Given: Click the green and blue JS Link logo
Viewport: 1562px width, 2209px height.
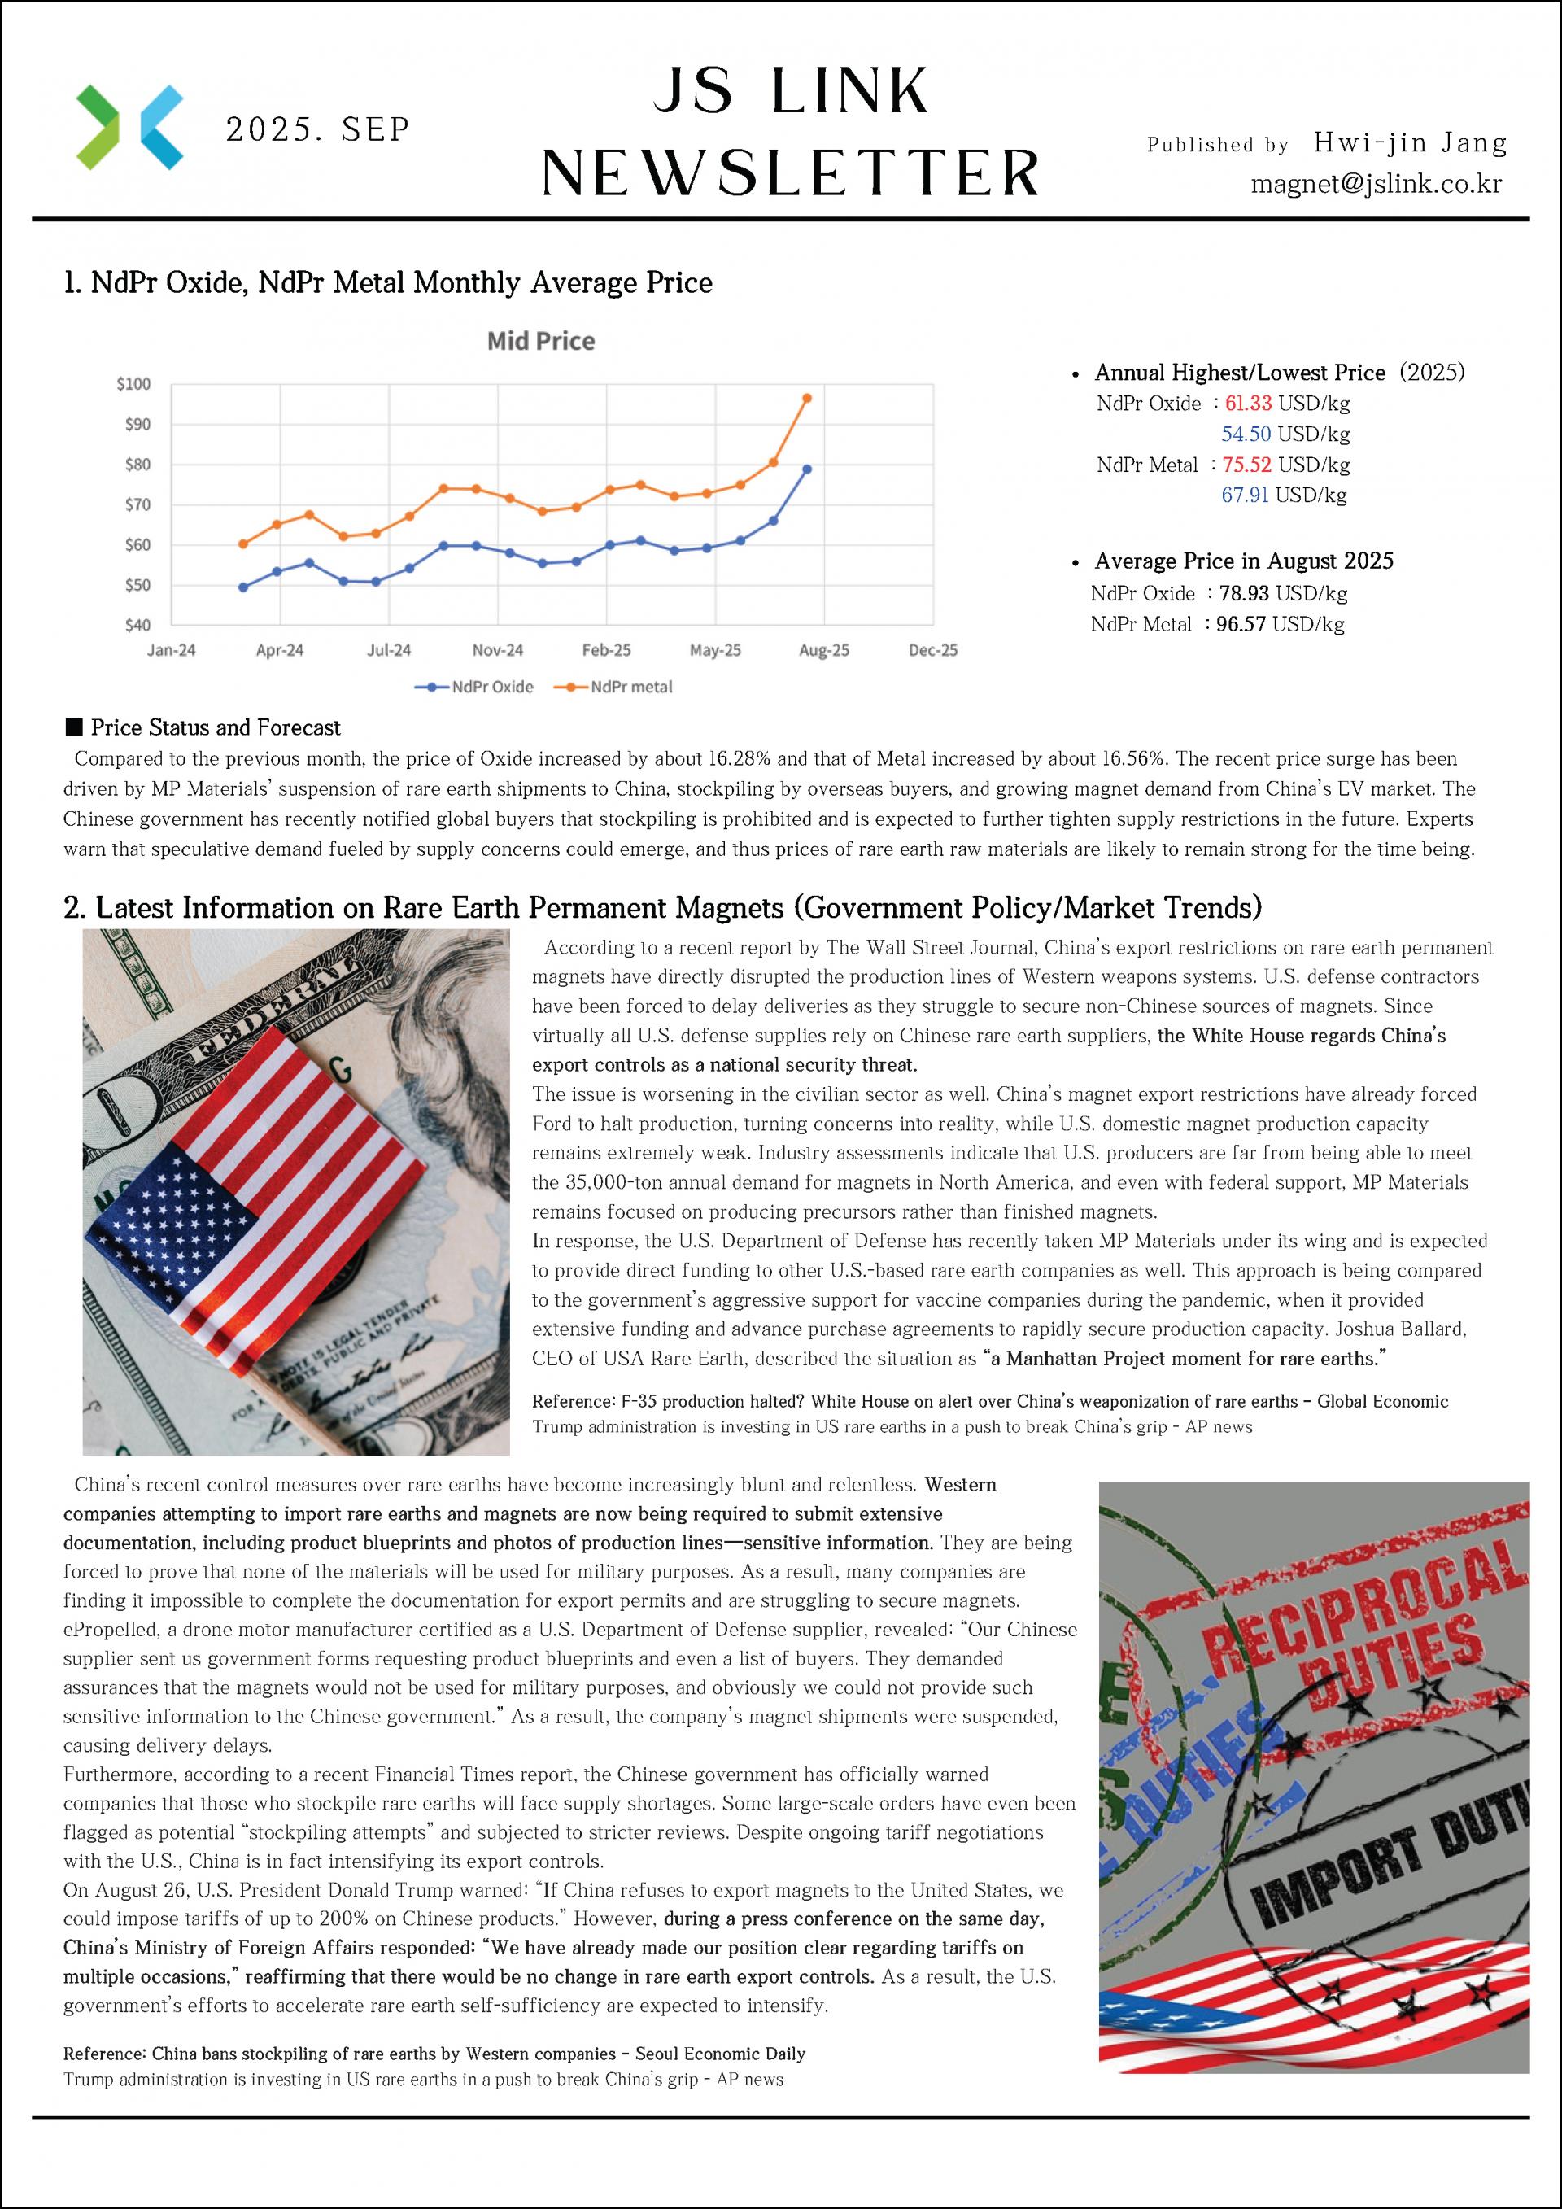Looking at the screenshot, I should point(129,127).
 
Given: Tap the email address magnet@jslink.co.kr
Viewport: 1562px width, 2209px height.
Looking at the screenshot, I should point(1376,183).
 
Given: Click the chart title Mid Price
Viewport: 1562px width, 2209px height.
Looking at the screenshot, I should point(540,341).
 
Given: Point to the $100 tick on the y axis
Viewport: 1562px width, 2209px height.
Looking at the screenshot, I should point(133,384).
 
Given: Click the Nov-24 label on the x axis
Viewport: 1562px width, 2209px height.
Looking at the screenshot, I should point(497,650).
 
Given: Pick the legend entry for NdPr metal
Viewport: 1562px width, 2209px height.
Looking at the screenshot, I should point(631,687).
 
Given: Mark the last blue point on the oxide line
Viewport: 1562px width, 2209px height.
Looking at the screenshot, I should point(807,469).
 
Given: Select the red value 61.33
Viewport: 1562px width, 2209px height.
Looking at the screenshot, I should point(1247,403).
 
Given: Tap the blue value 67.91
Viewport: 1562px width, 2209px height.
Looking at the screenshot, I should point(1245,495).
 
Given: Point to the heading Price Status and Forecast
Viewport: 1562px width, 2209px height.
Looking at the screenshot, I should point(216,727).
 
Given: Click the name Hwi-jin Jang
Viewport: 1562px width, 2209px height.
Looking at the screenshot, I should point(1410,143).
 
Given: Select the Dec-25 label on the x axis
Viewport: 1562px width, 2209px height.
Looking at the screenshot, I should point(933,650).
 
